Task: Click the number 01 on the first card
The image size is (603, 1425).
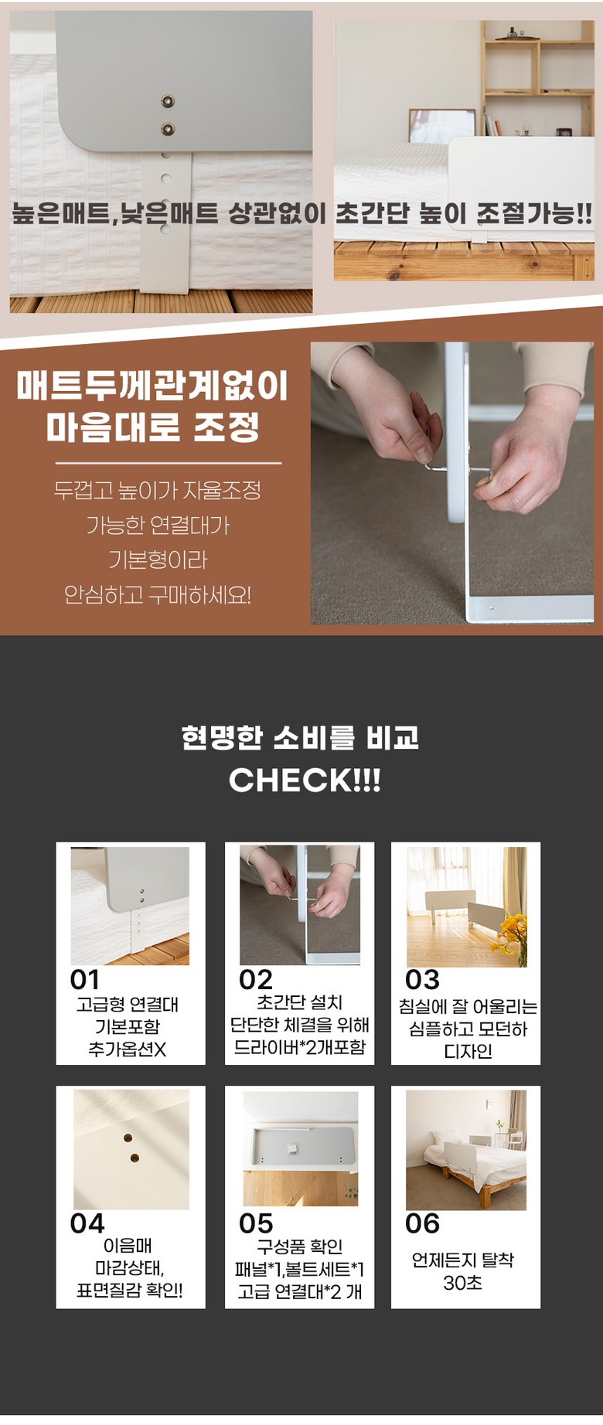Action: (x=85, y=980)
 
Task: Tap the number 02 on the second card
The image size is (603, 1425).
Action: (x=256, y=980)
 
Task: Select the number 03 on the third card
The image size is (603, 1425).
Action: (x=422, y=980)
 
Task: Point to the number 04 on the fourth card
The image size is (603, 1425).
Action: (x=87, y=1223)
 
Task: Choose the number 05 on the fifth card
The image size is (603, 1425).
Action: (x=256, y=1223)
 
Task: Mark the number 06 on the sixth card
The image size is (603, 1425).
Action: (x=422, y=1223)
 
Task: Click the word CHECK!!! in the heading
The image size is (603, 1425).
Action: (x=305, y=780)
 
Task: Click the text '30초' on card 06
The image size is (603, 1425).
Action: (x=463, y=1283)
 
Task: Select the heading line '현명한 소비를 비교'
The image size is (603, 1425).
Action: (x=300, y=737)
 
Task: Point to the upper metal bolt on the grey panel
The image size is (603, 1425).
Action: (x=167, y=101)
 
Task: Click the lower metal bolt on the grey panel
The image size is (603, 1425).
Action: (x=167, y=129)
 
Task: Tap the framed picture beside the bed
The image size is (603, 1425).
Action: (x=441, y=126)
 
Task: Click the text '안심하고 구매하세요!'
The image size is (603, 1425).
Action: (x=158, y=595)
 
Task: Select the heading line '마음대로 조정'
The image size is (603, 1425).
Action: (x=152, y=427)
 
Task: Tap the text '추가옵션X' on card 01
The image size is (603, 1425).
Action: (x=128, y=1049)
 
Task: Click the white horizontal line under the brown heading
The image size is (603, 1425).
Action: (x=169, y=464)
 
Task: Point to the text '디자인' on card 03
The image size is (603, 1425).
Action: (x=468, y=1051)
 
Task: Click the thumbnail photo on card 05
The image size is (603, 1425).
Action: (x=301, y=1148)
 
